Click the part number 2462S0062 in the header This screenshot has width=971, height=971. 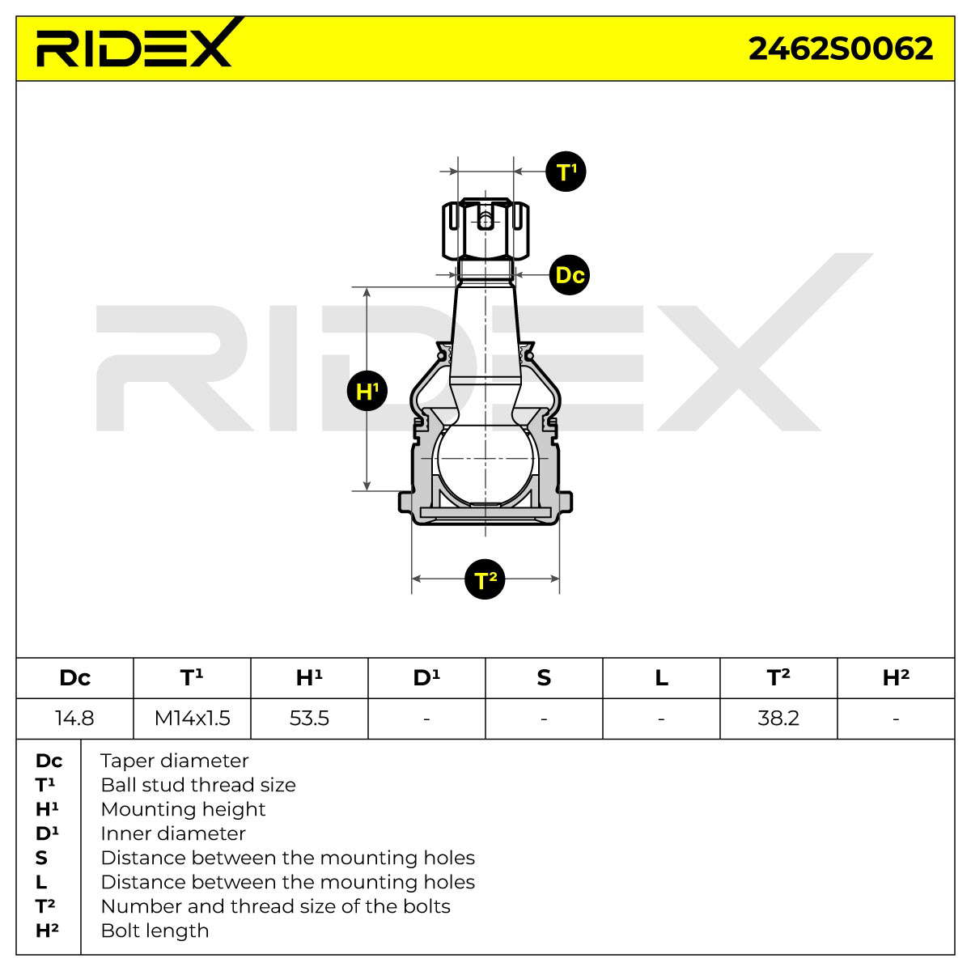pyautogui.click(x=840, y=49)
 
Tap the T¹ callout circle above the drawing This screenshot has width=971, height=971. pyautogui.click(x=566, y=172)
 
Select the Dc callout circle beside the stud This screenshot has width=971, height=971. pyautogui.click(x=569, y=275)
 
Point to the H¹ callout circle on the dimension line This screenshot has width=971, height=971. pyautogui.click(x=367, y=391)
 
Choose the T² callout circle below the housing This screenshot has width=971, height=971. pyautogui.click(x=484, y=579)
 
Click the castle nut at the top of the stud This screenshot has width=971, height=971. pyautogui.click(x=485, y=229)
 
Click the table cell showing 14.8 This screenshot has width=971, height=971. pyautogui.click(x=74, y=718)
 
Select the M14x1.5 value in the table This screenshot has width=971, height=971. pyautogui.click(x=192, y=718)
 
